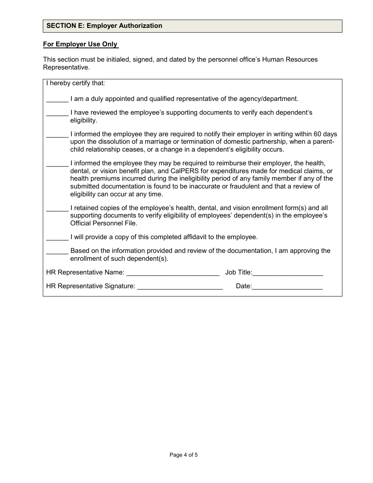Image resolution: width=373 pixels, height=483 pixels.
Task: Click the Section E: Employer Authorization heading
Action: tap(104, 26)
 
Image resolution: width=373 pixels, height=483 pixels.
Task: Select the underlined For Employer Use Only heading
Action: tap(80, 44)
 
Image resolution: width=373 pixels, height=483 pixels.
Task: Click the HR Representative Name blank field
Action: tap(173, 272)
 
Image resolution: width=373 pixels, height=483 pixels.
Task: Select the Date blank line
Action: tap(287, 286)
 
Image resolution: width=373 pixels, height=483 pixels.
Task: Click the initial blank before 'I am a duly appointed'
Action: tap(57, 99)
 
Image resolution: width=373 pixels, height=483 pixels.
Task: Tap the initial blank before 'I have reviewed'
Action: tap(57, 113)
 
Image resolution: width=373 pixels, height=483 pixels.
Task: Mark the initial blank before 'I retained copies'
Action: tap(57, 208)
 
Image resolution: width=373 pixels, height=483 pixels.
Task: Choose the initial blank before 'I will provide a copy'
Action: tap(57, 237)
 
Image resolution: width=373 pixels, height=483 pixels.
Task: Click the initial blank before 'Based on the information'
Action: tap(57, 251)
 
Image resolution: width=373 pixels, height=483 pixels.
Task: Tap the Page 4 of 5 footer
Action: tap(183, 455)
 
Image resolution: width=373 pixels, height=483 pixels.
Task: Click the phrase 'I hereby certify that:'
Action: tap(76, 83)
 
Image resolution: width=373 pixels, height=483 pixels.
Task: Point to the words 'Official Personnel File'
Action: tap(104, 223)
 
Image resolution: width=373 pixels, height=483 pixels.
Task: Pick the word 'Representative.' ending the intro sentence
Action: tap(66, 67)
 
